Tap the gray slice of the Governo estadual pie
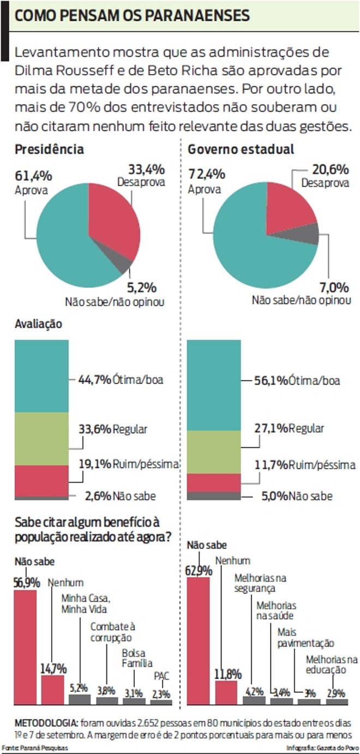coord(309,234)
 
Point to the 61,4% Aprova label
coord(33,182)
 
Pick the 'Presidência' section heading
coord(49,149)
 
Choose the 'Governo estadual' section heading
coord(241,149)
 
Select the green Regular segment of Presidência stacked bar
coord(41,439)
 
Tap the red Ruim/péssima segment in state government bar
coord(213,482)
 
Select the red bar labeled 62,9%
coord(198,638)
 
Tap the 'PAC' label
coord(161,676)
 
